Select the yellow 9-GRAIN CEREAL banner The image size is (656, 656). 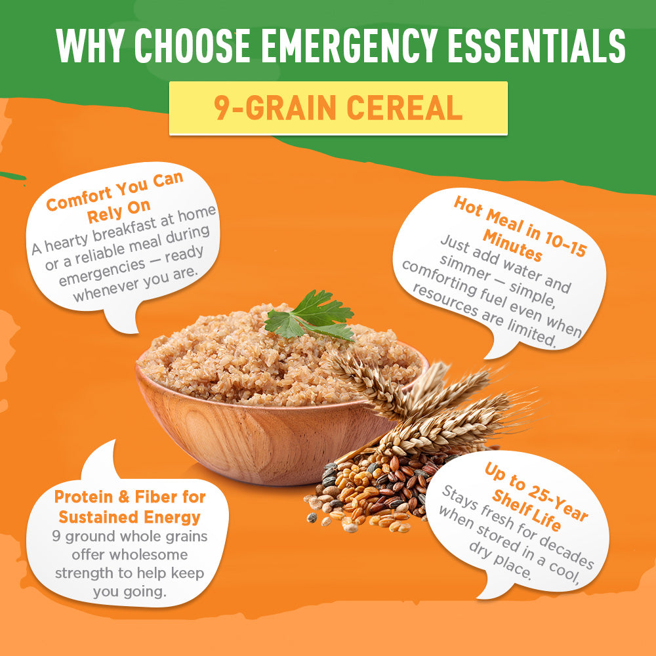pyautogui.click(x=338, y=108)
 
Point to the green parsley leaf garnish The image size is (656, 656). pyautogui.click(x=308, y=315)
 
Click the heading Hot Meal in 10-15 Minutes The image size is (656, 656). pyautogui.click(x=518, y=230)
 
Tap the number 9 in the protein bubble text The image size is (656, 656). pyautogui.click(x=56, y=536)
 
